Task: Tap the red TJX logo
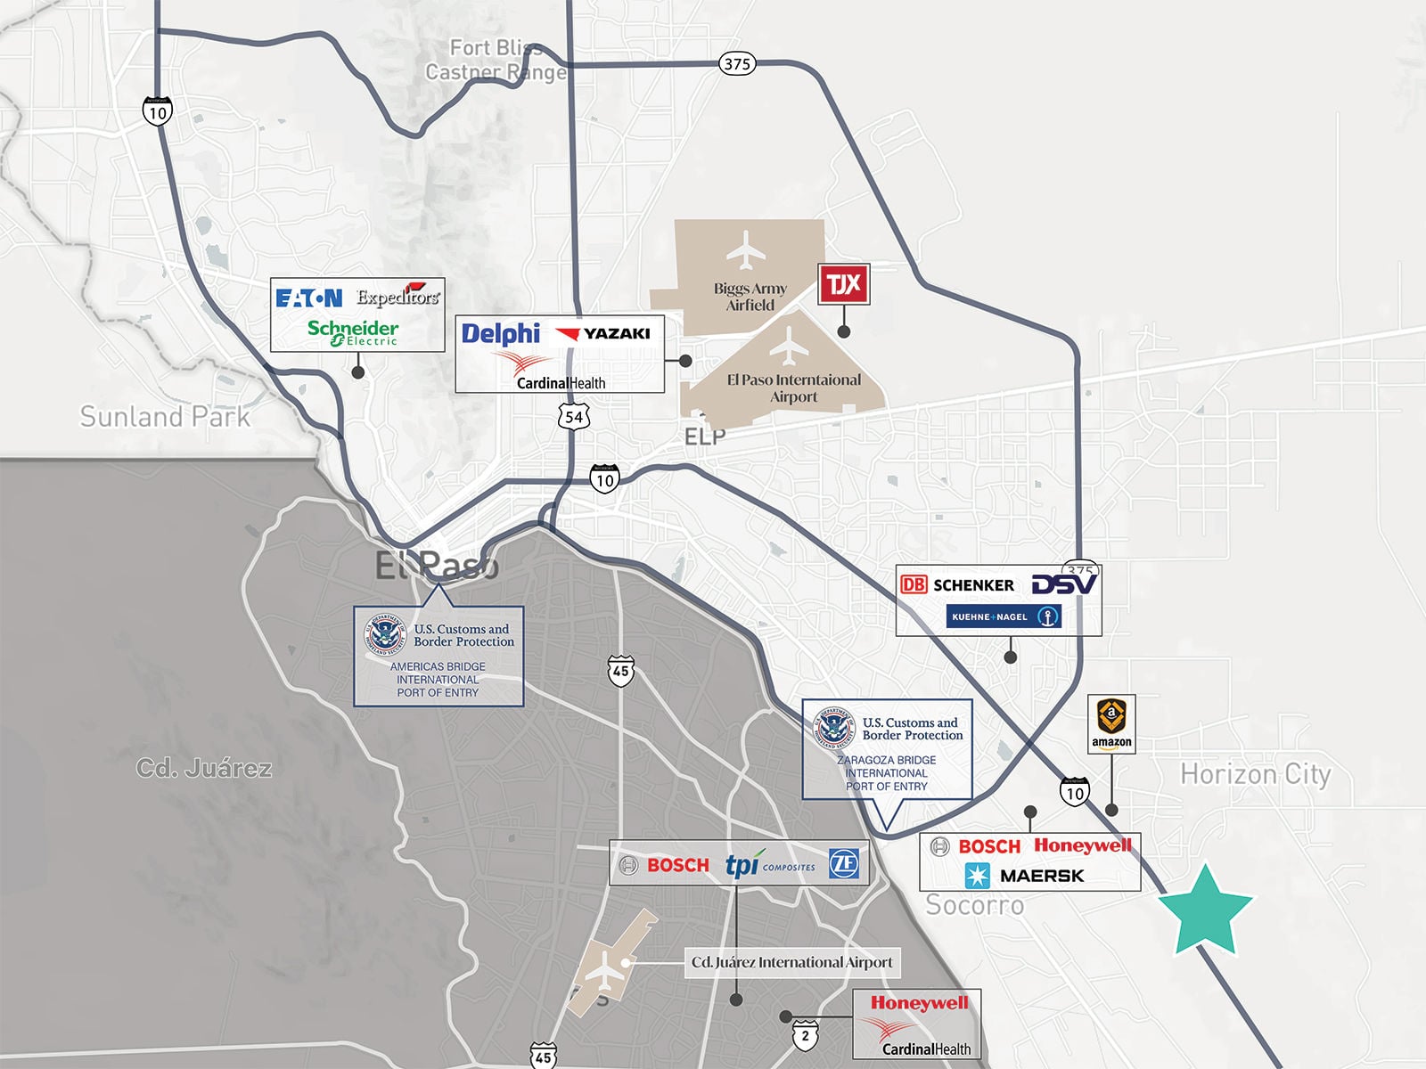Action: pos(843,284)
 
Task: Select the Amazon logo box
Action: pos(1111,723)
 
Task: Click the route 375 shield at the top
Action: pos(737,63)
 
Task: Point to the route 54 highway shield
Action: pos(573,417)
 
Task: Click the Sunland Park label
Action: pos(165,416)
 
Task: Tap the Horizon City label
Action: pos(1255,774)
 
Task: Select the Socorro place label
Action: pos(974,905)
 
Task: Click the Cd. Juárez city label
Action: pos(203,768)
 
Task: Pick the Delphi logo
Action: pos(501,334)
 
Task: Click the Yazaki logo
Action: pos(603,334)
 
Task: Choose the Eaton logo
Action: pos(308,298)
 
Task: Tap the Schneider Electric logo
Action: pos(353,332)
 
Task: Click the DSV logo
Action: pos(1064,584)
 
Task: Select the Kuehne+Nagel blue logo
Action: pos(1003,616)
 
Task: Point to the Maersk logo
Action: pos(1025,876)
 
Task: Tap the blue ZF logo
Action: pos(843,863)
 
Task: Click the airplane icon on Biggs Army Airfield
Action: pos(745,250)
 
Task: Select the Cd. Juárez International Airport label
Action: pos(791,962)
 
